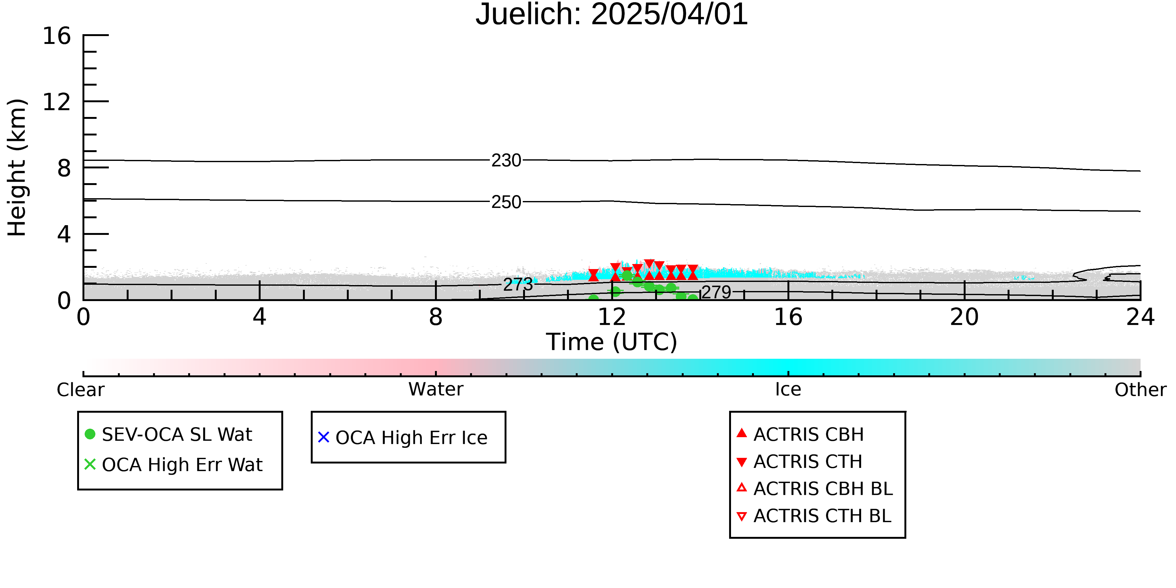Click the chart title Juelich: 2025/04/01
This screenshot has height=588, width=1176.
pyautogui.click(x=612, y=15)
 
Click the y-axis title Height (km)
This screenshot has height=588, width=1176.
pyautogui.click(x=17, y=167)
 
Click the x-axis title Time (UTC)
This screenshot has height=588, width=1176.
pyautogui.click(x=612, y=342)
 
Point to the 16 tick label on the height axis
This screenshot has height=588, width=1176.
pyautogui.click(x=57, y=36)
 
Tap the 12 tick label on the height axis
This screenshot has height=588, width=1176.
pyautogui.click(x=57, y=102)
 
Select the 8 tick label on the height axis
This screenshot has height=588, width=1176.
pyautogui.click(x=64, y=168)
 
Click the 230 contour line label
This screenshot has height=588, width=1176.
pyautogui.click(x=506, y=160)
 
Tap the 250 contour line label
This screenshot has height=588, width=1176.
pyautogui.click(x=506, y=202)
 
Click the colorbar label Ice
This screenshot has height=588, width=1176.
pyautogui.click(x=788, y=389)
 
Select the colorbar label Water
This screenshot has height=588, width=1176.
pyautogui.click(x=436, y=389)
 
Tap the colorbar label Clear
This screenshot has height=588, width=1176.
pyautogui.click(x=80, y=390)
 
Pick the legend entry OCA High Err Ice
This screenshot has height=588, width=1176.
pyautogui.click(x=411, y=438)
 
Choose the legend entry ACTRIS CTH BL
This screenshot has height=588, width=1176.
pyautogui.click(x=822, y=516)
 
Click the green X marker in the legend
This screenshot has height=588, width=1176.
pyautogui.click(x=90, y=464)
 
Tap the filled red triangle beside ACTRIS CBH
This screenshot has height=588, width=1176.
pyautogui.click(x=742, y=433)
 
